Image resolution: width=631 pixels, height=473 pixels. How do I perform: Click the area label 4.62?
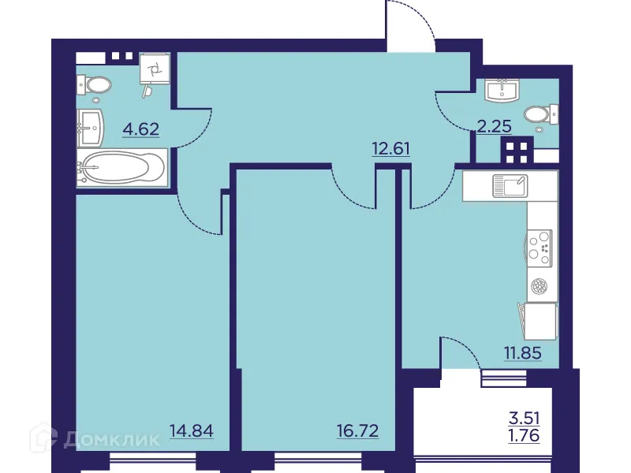click(140, 128)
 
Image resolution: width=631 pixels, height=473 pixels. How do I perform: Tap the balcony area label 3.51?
click(525, 419)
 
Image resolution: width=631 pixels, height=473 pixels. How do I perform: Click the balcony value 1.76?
click(525, 434)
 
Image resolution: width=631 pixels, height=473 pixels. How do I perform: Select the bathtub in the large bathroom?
click(122, 169)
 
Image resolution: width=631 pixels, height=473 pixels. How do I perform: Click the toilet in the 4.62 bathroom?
click(97, 84)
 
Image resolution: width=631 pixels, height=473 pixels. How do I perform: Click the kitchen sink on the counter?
click(510, 186)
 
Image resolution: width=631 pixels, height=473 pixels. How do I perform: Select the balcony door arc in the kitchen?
click(461, 352)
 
